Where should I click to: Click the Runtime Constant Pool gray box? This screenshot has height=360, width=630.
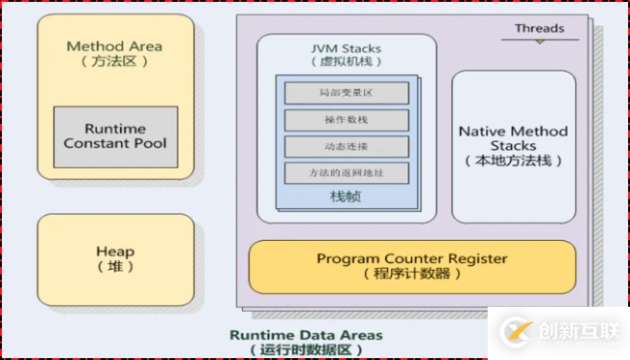click(x=115, y=136)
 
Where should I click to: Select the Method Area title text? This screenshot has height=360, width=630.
click(x=114, y=46)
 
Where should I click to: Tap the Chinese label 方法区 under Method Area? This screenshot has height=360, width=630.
click(x=114, y=62)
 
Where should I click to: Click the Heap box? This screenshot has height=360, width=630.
click(x=115, y=258)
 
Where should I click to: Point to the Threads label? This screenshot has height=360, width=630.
click(x=539, y=29)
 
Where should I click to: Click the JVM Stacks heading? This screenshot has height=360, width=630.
click(x=345, y=48)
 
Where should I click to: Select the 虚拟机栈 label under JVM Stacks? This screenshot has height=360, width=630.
click(x=345, y=62)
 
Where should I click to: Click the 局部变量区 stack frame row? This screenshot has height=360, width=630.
click(x=345, y=94)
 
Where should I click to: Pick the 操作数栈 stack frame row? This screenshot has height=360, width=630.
click(x=345, y=120)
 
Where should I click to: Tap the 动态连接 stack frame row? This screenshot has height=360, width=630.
click(x=345, y=147)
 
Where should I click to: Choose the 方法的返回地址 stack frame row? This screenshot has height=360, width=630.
click(x=345, y=173)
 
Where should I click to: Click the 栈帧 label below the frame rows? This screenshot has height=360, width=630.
click(x=345, y=196)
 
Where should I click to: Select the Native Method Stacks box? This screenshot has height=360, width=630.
click(x=513, y=145)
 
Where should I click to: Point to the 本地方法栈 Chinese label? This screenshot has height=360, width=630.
click(x=513, y=161)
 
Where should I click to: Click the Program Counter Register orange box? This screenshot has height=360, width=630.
click(x=412, y=266)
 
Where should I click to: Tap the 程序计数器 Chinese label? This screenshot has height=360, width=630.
click(x=412, y=274)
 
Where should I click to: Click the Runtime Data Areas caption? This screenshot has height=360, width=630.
click(x=306, y=335)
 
